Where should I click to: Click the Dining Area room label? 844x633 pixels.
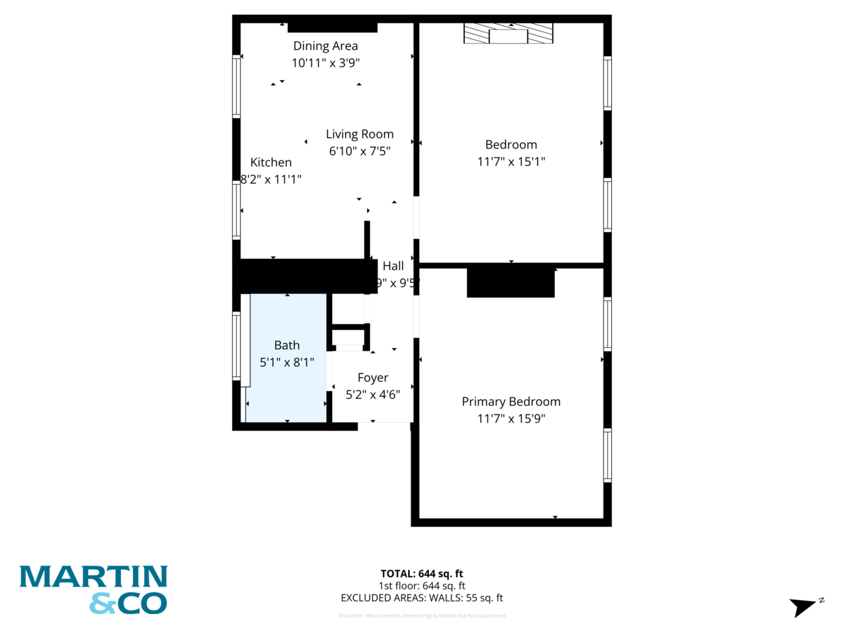325,46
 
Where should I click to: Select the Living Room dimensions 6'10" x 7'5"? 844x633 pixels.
359,151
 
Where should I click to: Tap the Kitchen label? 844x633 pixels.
271,162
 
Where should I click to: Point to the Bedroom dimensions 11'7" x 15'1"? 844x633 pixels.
511,161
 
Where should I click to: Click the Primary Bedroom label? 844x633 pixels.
511,402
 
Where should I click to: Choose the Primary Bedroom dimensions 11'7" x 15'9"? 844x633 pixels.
511,418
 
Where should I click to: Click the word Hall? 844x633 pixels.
393,267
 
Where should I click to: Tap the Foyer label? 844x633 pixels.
373,378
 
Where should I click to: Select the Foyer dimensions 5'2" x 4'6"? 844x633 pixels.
373,395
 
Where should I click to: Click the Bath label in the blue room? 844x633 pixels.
286,345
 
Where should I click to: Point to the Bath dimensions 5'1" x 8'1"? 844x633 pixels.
286,362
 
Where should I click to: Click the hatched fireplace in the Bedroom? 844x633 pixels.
508,34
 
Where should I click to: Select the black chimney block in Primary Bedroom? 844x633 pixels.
511,283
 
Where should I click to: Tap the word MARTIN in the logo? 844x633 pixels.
93,577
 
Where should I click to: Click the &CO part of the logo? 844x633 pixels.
128,603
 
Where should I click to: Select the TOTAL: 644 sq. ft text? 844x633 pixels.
421,573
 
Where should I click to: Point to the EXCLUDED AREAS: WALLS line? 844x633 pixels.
421,599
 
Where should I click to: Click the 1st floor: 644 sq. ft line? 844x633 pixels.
421,586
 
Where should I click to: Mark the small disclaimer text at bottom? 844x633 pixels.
421,615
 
